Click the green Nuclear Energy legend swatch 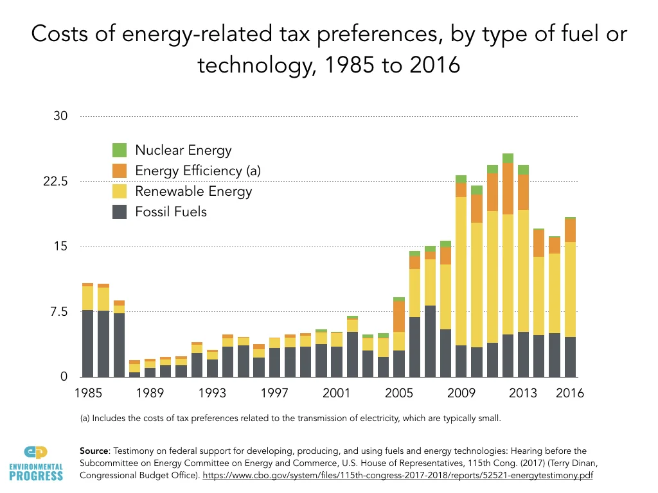pos(120,150)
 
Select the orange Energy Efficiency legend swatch pos(120,171)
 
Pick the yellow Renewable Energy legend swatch pos(120,191)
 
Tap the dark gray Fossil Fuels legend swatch pos(120,211)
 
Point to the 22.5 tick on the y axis pos(62,182)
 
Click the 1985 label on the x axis pos(87,393)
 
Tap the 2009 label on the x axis pos(461,393)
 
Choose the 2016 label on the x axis pos(569,393)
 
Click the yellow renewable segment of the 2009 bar pos(461,270)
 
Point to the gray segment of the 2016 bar pos(569,357)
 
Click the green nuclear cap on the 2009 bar pos(461,178)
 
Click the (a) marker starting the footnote pos(85,419)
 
